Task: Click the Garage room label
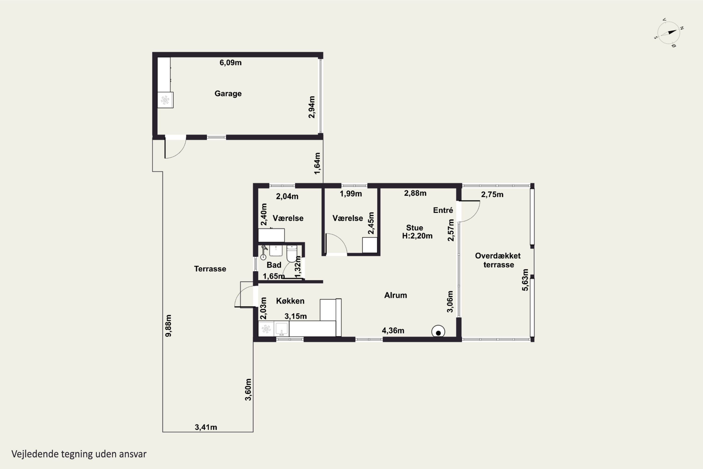228,94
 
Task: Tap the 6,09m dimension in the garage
230,63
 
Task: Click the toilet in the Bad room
292,253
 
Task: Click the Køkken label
290,301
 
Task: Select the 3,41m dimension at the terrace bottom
206,427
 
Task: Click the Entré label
443,210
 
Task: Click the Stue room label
415,228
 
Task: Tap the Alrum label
396,295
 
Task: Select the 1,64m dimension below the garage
318,163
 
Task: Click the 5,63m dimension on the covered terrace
525,280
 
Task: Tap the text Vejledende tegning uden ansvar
79,454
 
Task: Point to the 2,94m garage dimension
312,107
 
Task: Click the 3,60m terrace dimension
248,390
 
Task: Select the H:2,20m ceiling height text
417,236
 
